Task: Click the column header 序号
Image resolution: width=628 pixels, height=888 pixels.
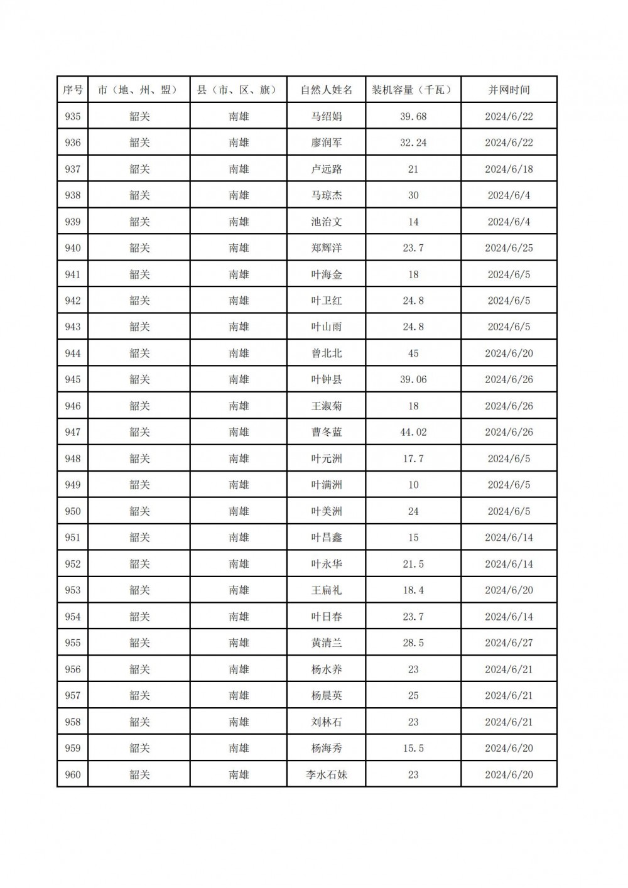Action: click(x=73, y=90)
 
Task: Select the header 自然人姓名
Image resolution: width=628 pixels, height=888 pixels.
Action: click(x=327, y=90)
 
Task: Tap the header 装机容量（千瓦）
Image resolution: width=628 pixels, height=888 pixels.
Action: click(x=413, y=90)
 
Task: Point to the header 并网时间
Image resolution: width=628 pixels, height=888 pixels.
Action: click(x=509, y=90)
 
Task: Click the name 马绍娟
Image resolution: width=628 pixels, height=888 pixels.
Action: click(x=327, y=116)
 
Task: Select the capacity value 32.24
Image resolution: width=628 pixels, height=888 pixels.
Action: click(x=413, y=143)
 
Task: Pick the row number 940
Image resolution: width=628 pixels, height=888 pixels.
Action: click(x=73, y=248)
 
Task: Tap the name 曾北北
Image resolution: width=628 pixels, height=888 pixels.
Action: click(x=327, y=353)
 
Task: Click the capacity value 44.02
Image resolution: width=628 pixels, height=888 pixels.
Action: click(x=413, y=432)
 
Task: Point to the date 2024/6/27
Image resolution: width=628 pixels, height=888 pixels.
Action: click(x=509, y=643)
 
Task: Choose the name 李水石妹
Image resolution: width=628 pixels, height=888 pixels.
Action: click(x=327, y=774)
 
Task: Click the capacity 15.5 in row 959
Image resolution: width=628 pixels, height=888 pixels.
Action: click(x=413, y=748)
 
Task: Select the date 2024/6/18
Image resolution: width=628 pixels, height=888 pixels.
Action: click(x=509, y=169)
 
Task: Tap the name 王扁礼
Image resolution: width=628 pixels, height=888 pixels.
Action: click(x=327, y=590)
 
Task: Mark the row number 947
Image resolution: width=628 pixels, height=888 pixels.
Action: click(x=73, y=432)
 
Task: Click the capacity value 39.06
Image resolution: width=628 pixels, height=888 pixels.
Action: click(x=413, y=379)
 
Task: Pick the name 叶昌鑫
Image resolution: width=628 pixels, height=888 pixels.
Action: click(x=327, y=538)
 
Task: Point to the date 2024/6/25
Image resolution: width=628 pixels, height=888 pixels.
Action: click(x=509, y=248)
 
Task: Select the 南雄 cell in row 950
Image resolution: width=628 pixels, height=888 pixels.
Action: click(x=239, y=511)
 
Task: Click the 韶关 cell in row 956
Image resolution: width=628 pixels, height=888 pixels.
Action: click(x=139, y=669)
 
